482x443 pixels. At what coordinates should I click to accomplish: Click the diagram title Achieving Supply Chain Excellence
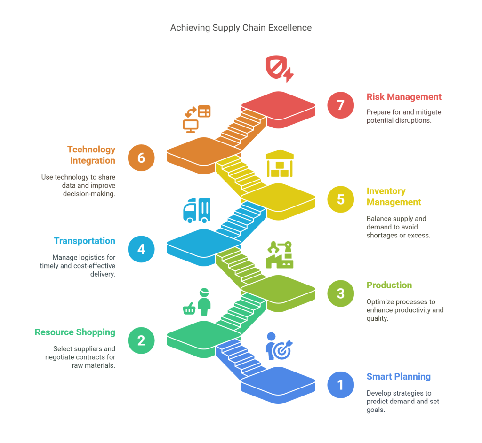pyautogui.click(x=241, y=28)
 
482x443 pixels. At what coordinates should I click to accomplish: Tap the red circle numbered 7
pyautogui.click(x=340, y=104)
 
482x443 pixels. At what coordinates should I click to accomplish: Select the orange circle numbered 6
pyautogui.click(x=141, y=158)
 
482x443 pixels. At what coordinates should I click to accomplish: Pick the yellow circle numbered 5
pyautogui.click(x=340, y=198)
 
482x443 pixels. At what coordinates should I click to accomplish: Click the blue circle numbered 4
pyautogui.click(x=141, y=249)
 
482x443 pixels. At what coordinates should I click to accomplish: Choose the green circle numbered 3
pyautogui.click(x=340, y=293)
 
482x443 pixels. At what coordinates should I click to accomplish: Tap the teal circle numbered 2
pyautogui.click(x=141, y=340)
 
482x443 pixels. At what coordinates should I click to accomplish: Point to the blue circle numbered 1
pyautogui.click(x=340, y=385)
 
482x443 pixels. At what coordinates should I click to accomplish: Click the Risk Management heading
pyautogui.click(x=404, y=97)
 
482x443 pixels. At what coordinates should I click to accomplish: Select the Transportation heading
pyautogui.click(x=85, y=241)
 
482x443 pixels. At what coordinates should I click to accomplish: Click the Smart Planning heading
pyautogui.click(x=398, y=376)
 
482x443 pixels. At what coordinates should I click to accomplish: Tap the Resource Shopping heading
pyautogui.click(x=75, y=332)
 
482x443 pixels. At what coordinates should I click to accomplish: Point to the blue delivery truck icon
pyautogui.click(x=196, y=210)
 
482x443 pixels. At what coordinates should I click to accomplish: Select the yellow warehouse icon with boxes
pyautogui.click(x=280, y=163)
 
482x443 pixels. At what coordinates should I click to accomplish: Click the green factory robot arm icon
pyautogui.click(x=280, y=254)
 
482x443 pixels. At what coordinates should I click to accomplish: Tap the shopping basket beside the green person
pyautogui.click(x=189, y=309)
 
